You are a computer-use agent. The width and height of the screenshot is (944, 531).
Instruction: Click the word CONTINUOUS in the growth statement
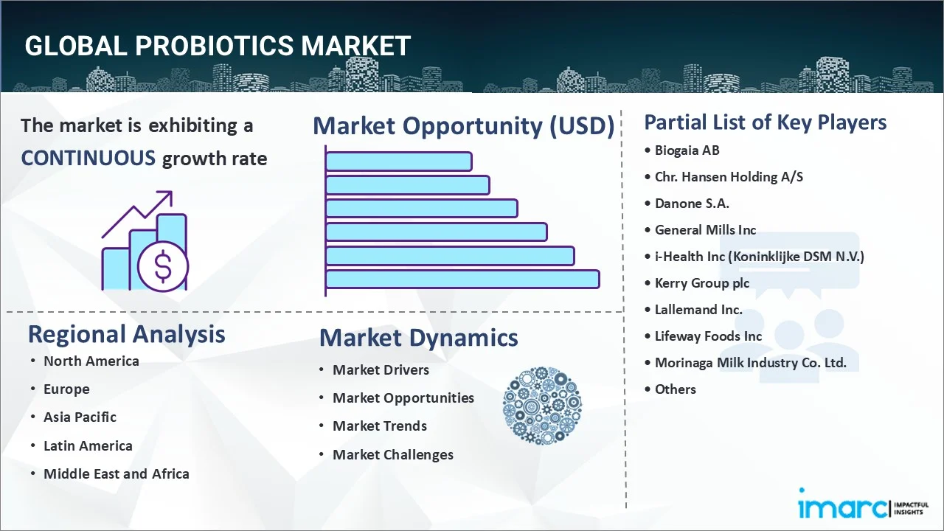tap(88, 158)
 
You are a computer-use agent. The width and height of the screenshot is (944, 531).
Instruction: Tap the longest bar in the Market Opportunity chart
tap(462, 280)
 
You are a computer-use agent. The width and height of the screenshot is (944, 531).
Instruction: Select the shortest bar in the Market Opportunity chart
tap(398, 161)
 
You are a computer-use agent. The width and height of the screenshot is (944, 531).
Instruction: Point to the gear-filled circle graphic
tap(542, 406)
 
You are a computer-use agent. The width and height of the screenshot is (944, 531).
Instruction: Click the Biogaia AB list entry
tap(687, 150)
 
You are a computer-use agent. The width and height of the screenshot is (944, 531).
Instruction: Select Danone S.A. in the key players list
tap(692, 204)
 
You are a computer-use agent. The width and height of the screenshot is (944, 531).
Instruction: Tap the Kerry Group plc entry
tap(701, 283)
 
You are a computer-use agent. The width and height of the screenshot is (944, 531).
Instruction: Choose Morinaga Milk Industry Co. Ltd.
tap(750, 363)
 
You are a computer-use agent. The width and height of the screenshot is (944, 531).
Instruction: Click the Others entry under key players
tap(675, 389)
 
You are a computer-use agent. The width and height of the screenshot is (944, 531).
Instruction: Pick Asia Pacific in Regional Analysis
tap(80, 417)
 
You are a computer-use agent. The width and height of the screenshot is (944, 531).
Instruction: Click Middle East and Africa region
tap(116, 474)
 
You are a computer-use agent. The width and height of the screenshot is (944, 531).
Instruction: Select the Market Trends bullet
tap(379, 426)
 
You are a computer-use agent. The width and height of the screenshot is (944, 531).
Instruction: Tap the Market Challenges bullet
tap(392, 455)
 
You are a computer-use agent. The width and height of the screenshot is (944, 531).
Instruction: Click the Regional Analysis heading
tap(126, 334)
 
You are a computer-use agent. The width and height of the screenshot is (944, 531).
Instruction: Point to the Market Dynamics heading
tap(418, 338)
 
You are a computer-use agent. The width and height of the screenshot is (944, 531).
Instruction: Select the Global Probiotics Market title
tap(218, 46)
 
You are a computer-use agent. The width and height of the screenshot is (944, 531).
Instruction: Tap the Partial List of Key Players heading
tap(765, 122)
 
